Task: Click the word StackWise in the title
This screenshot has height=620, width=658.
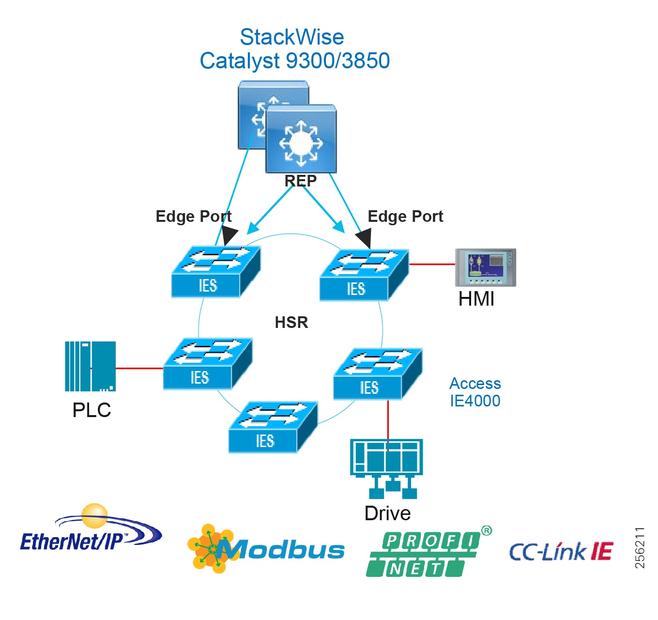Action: [291, 37]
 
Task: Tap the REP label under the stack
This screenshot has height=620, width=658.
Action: [300, 181]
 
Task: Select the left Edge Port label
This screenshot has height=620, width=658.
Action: [193, 216]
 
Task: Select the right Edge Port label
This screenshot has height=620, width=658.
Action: [405, 216]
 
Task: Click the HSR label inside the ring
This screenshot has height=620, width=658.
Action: [291, 322]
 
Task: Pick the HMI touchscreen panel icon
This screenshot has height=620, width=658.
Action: [485, 267]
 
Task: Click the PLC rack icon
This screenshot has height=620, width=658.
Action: [91, 366]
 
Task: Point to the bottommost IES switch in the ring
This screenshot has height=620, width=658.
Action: [273, 427]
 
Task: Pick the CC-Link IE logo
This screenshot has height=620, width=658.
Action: [561, 552]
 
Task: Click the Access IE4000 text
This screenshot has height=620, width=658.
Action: [474, 392]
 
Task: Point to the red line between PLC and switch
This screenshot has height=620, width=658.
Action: [139, 368]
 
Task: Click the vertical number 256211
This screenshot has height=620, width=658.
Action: [640, 548]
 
